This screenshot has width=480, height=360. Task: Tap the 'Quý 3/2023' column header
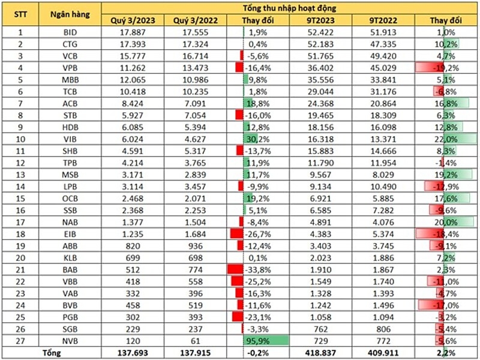pyautogui.click(x=133, y=20)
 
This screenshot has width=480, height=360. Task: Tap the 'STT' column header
pyautogui.click(x=20, y=14)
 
